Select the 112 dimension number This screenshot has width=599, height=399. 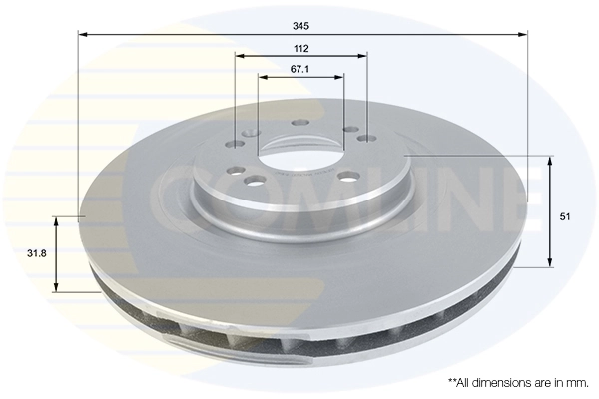(300, 48)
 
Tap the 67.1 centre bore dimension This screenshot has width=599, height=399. (300, 68)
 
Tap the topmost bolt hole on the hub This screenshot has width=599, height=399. (300, 124)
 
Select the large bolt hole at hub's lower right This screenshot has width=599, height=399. (347, 176)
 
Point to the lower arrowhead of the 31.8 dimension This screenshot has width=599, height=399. (57, 286)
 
